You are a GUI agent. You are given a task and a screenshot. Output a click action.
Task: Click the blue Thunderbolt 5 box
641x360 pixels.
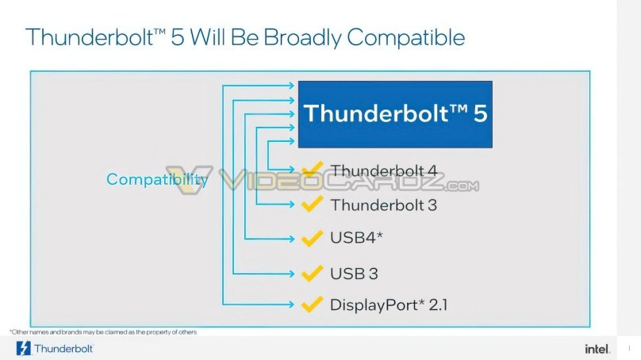394,113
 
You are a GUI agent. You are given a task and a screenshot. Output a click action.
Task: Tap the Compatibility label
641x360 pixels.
157,180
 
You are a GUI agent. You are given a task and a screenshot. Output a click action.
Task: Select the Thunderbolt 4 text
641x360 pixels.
383,170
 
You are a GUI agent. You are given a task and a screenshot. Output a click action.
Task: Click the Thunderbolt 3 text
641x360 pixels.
383,205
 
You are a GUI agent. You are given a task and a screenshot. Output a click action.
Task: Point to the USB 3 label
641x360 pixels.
354,274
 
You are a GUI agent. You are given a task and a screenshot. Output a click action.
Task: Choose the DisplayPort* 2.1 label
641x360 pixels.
389,304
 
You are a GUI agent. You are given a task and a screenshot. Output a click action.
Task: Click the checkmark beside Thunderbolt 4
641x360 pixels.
310,169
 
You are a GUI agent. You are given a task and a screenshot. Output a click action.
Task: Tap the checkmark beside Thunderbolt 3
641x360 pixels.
310,203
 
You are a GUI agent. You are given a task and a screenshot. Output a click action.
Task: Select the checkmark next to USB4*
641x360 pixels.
310,237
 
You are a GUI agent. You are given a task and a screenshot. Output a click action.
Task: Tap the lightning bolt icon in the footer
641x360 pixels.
23,348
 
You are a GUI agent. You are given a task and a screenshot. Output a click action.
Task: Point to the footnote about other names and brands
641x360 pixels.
103,331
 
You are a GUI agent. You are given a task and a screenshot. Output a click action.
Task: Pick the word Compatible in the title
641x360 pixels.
404,37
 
